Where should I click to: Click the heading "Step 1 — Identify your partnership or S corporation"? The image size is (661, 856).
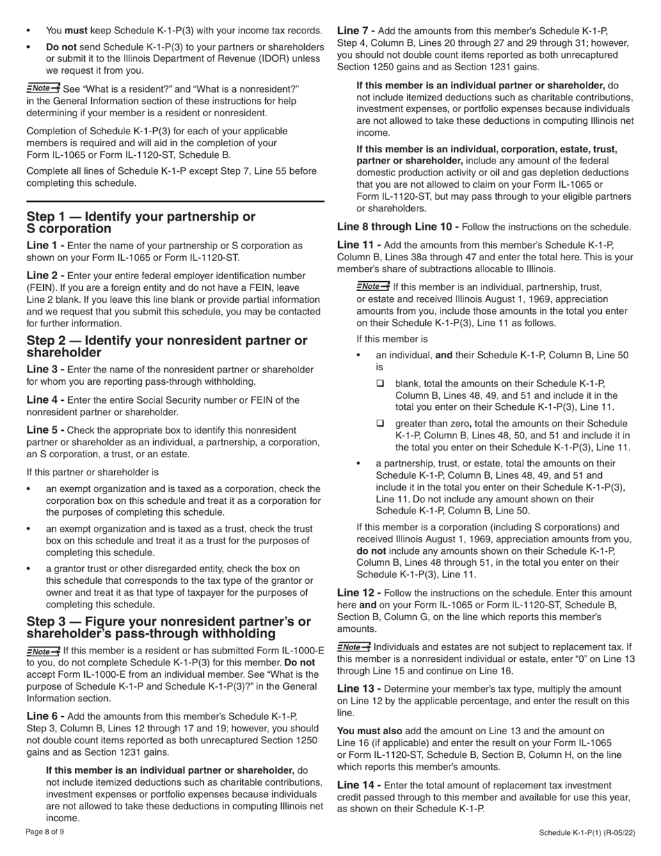click(x=141, y=223)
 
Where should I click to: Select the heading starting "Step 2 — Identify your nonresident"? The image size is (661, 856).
click(x=166, y=347)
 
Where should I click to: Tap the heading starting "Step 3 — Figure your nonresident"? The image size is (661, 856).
click(x=168, y=627)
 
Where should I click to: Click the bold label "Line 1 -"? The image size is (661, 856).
click(x=46, y=246)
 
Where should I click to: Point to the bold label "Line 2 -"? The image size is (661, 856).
click(x=46, y=276)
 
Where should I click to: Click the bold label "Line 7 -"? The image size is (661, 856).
click(x=356, y=31)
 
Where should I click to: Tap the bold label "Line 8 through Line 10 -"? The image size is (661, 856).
click(x=398, y=227)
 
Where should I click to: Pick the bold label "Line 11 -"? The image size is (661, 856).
click(x=359, y=245)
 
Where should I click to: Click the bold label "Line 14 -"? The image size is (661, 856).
click(x=359, y=785)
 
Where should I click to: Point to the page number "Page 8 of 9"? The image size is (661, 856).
click(x=45, y=832)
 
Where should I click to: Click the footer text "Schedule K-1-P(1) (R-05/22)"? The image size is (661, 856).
click(x=587, y=833)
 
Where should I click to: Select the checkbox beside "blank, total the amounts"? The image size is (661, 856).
click(x=381, y=383)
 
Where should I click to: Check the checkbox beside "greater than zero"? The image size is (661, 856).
click(x=381, y=423)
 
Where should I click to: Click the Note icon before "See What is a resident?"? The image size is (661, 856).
click(x=43, y=88)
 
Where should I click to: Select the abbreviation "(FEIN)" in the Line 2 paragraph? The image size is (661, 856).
click(x=41, y=287)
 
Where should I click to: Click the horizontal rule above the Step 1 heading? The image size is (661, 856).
click(x=175, y=201)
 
